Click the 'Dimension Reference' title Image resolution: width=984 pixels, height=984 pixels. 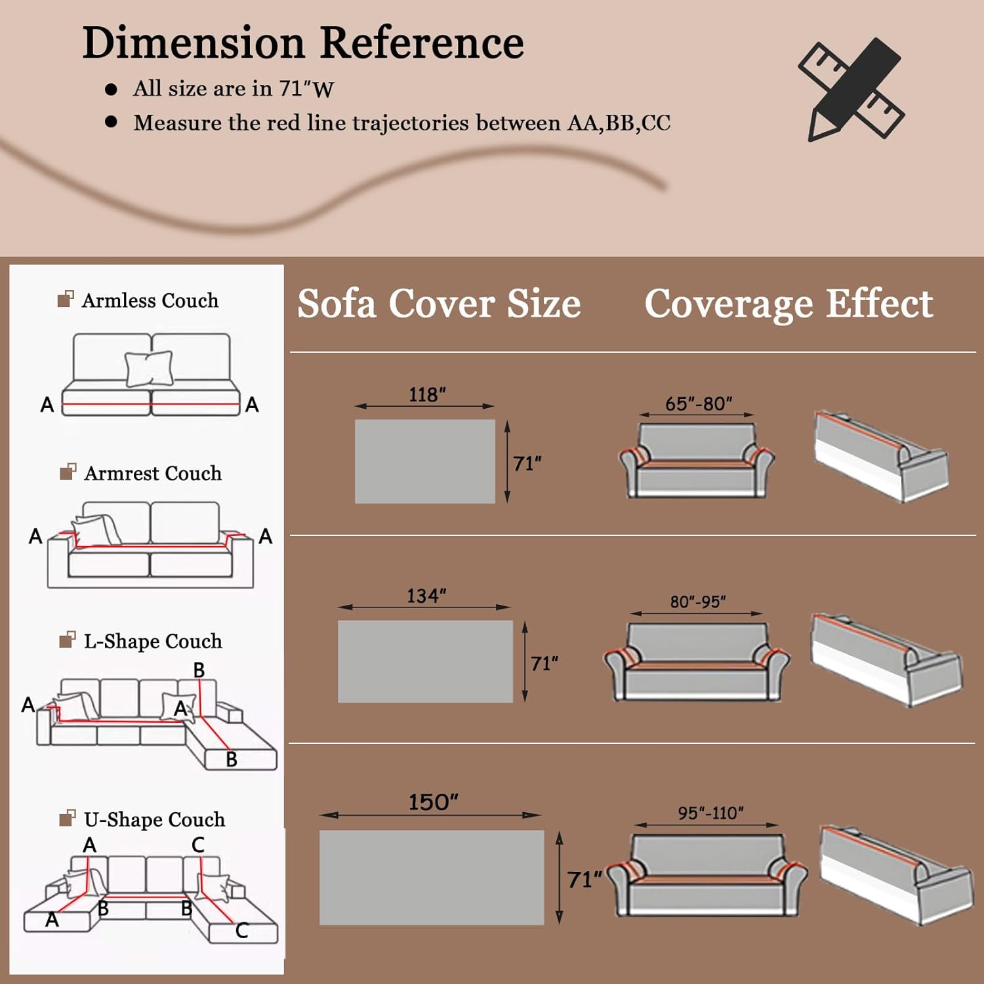(x=303, y=43)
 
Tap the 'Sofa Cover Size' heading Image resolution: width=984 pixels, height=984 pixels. (x=439, y=304)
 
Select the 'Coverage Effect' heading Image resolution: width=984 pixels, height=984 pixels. (x=789, y=304)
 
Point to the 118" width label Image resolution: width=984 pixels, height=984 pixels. (x=427, y=395)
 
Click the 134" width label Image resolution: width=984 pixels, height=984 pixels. (x=426, y=596)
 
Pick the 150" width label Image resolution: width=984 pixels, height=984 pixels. (x=433, y=802)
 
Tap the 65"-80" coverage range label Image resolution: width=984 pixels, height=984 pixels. (x=699, y=403)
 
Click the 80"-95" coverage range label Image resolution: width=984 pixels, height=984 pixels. (x=698, y=602)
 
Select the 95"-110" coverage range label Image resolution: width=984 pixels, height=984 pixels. (x=710, y=813)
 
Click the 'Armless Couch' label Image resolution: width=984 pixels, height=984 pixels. (x=150, y=300)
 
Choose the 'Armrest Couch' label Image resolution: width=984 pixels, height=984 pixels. (x=152, y=473)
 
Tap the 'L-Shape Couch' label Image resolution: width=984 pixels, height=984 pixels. (x=152, y=641)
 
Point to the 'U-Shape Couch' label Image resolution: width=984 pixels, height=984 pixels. (x=154, y=819)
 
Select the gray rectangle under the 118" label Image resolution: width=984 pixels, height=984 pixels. (x=425, y=461)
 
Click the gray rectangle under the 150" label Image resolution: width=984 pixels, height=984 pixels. (x=432, y=877)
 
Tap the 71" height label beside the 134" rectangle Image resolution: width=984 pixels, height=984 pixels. (x=544, y=663)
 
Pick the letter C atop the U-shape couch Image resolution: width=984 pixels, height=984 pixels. (x=198, y=845)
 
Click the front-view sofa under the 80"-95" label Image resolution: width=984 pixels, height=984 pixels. (x=697, y=663)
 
